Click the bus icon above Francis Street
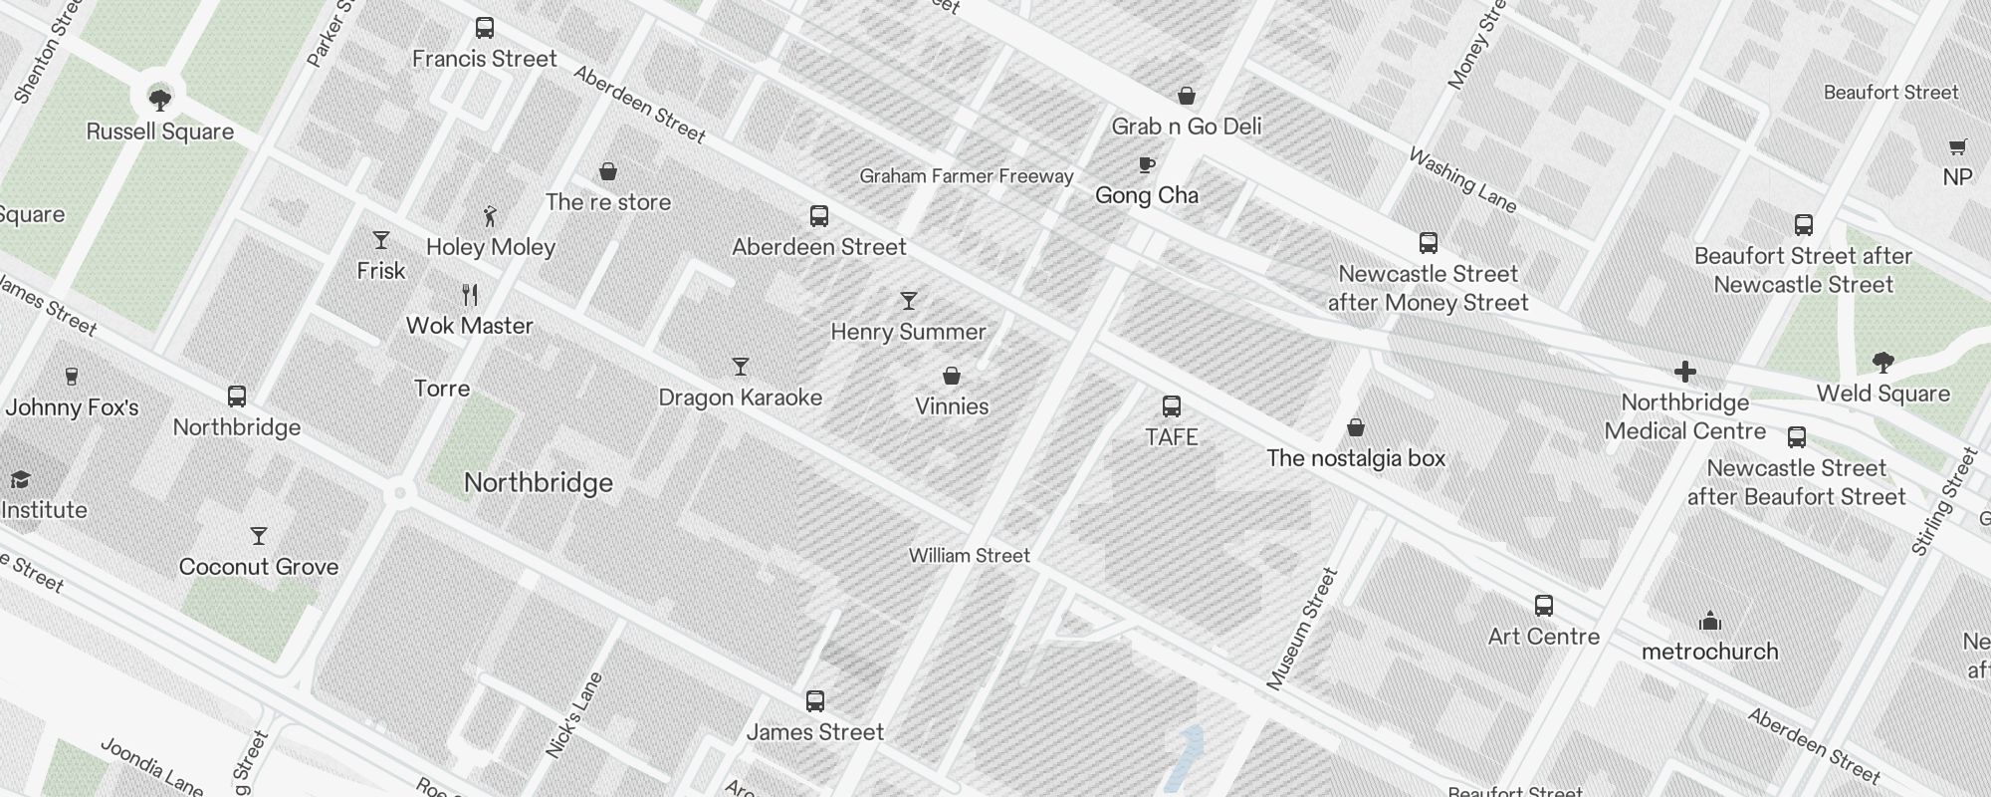[485, 28]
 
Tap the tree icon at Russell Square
[159, 99]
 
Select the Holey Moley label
[491, 247]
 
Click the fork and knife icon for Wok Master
[471, 295]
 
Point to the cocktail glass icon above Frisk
[381, 240]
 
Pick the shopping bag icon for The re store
[608, 172]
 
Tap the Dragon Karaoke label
[741, 398]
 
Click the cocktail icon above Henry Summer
[908, 301]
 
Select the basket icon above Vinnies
[952, 377]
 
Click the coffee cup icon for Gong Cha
[1146, 165]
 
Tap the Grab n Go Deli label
[1187, 127]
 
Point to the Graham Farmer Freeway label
[967, 176]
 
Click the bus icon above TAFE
[1172, 406]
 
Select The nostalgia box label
[1356, 458]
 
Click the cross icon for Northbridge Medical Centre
[1685, 372]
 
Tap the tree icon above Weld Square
[1882, 363]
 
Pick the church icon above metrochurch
[1710, 622]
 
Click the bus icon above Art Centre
[1544, 606]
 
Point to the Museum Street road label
[1302, 629]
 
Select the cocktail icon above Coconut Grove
[259, 536]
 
